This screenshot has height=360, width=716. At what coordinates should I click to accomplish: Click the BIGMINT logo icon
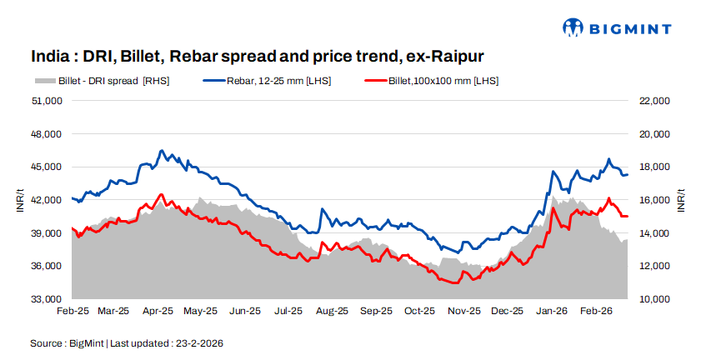[x=573, y=27]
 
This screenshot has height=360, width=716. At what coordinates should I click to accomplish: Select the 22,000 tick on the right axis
[x=653, y=101]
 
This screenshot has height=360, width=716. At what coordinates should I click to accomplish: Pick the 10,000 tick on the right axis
[x=653, y=299]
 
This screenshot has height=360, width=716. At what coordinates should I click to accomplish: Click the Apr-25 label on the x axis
[x=158, y=311]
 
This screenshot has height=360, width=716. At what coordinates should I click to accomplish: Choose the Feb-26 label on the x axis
[x=597, y=311]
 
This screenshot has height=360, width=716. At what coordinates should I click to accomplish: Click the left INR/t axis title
[x=21, y=200]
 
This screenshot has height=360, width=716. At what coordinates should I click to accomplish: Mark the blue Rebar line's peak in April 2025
[x=162, y=151]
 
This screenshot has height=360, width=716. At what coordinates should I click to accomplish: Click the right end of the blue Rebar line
[x=627, y=174]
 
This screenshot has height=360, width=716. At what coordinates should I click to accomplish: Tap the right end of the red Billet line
[x=627, y=217]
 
